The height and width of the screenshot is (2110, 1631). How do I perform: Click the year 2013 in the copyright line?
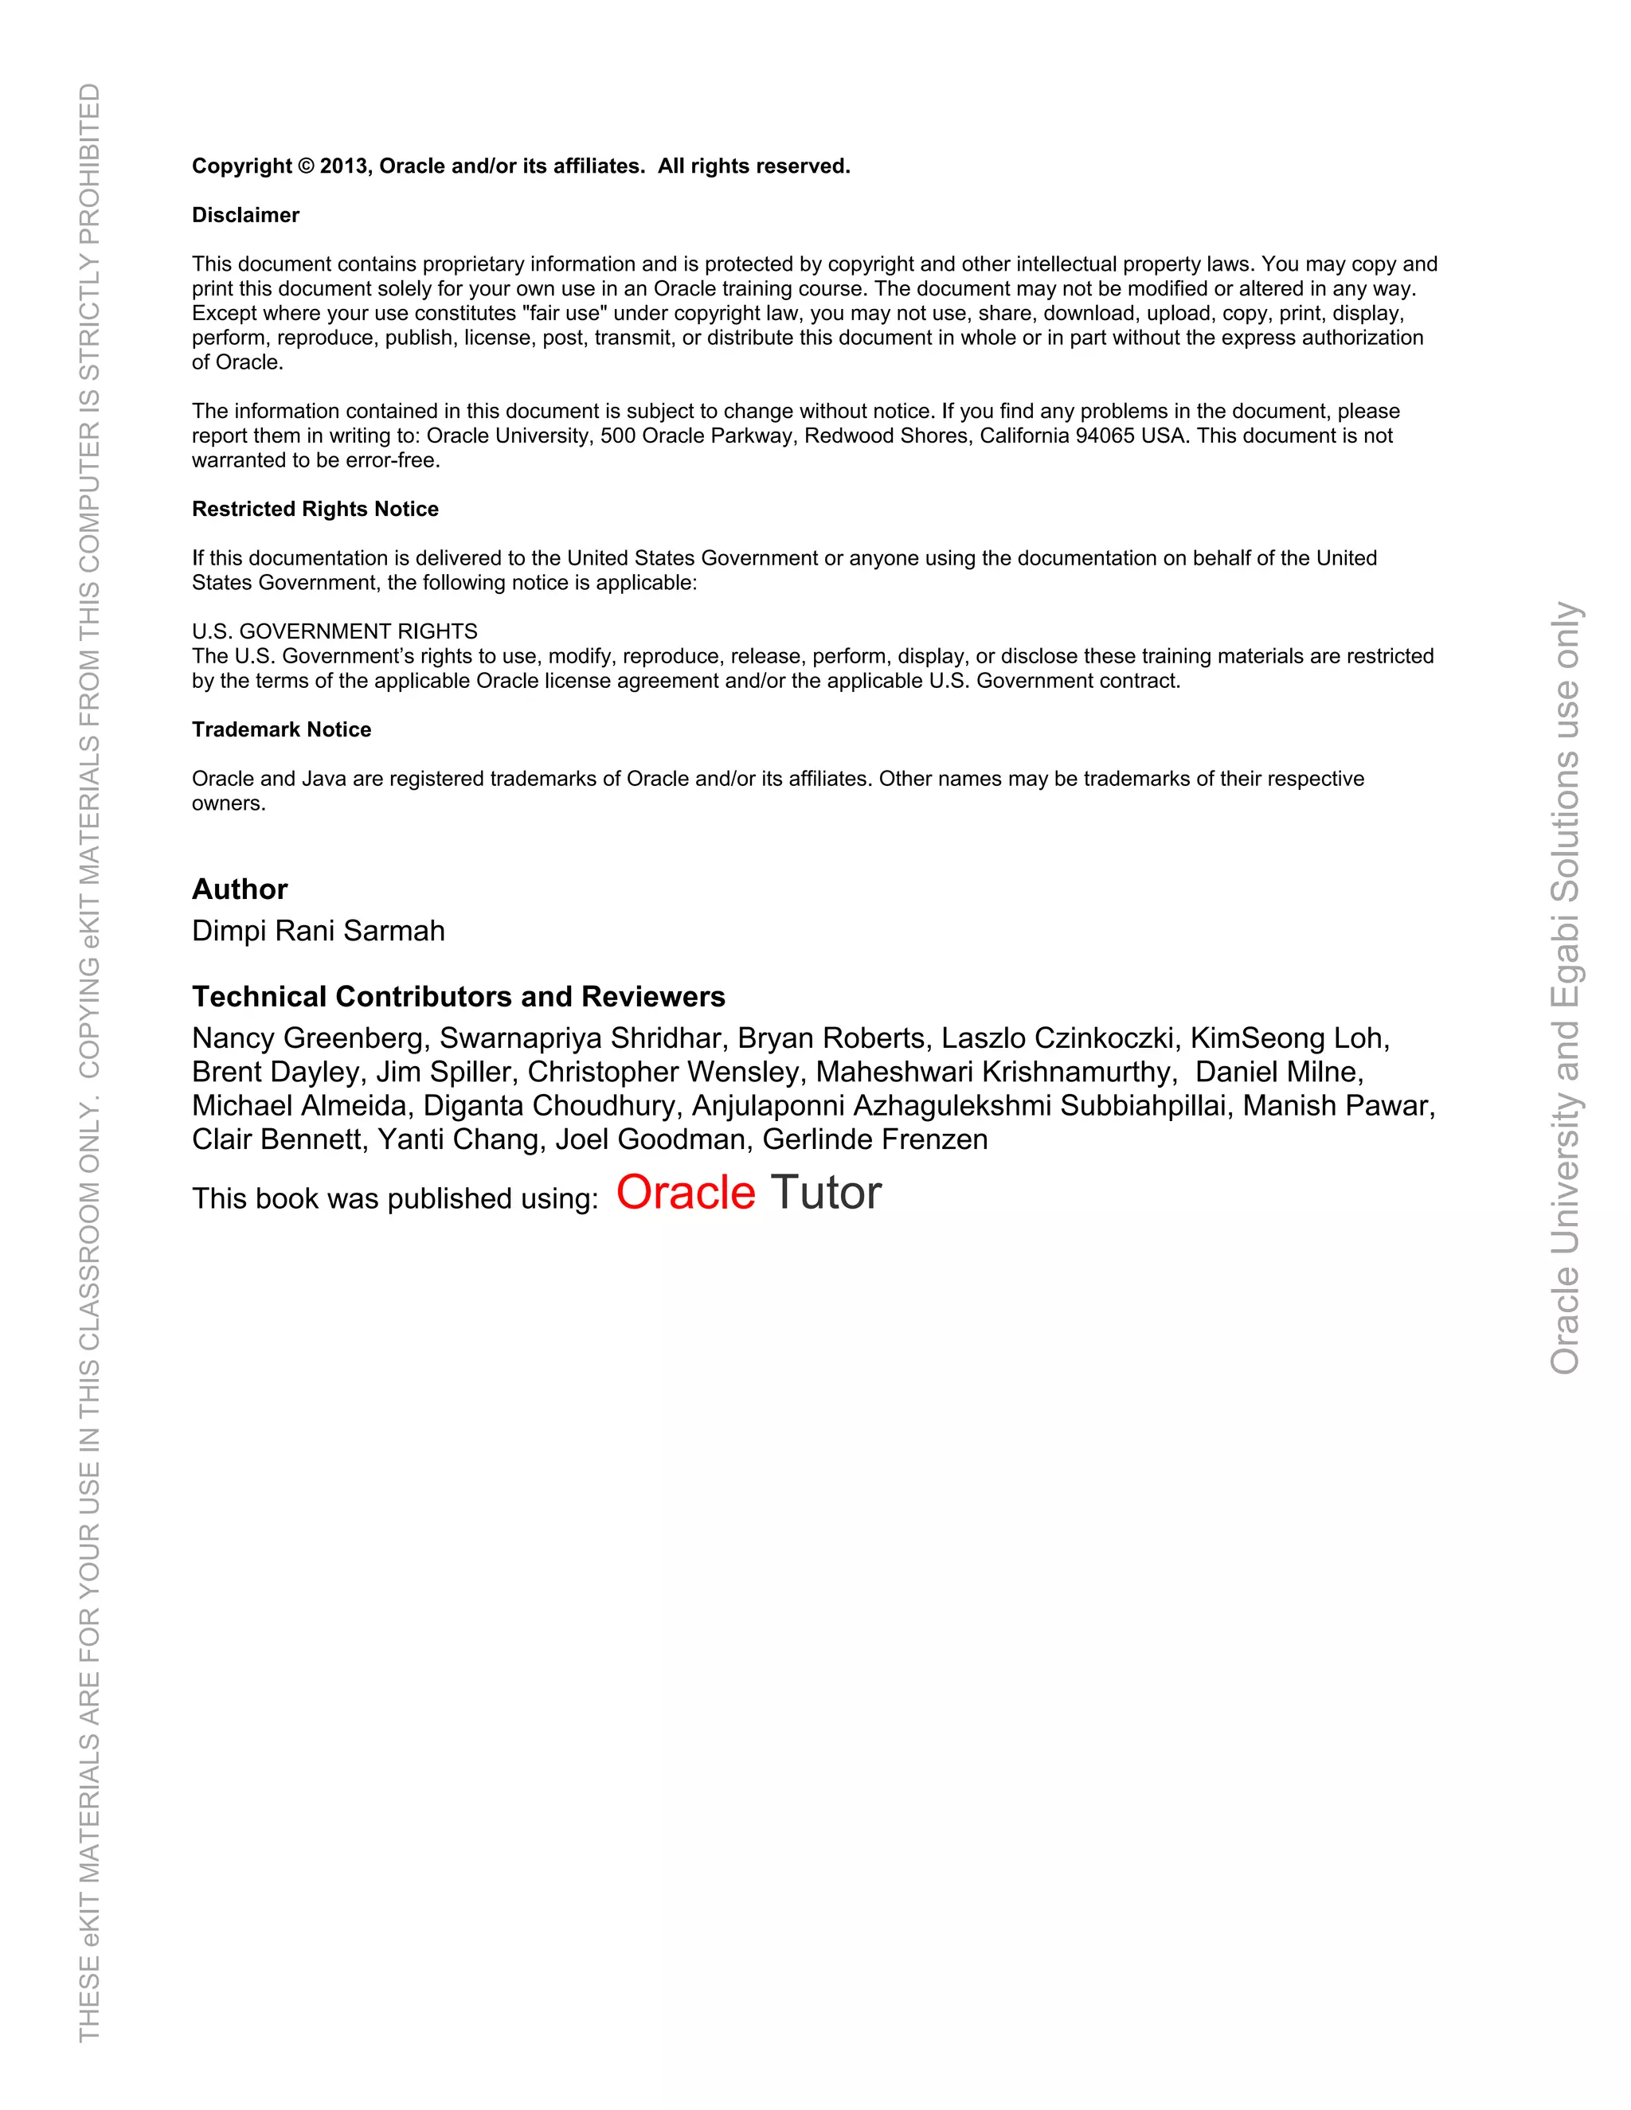[344, 166]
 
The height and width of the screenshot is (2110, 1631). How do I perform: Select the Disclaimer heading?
[245, 216]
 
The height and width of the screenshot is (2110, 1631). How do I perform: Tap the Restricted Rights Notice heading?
[315, 509]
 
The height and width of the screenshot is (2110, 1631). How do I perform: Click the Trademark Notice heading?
[281, 729]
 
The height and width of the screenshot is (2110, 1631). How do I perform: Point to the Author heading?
[240, 889]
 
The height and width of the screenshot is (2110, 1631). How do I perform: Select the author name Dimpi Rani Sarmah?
[318, 930]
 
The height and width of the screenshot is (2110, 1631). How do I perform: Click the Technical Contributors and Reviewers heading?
[458, 996]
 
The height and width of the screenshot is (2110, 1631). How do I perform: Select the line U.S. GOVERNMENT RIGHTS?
[334, 632]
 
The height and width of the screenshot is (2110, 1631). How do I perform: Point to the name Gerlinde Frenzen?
[874, 1140]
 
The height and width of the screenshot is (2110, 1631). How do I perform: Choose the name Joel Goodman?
[652, 1140]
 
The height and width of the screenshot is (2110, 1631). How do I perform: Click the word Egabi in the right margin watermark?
[1564, 957]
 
